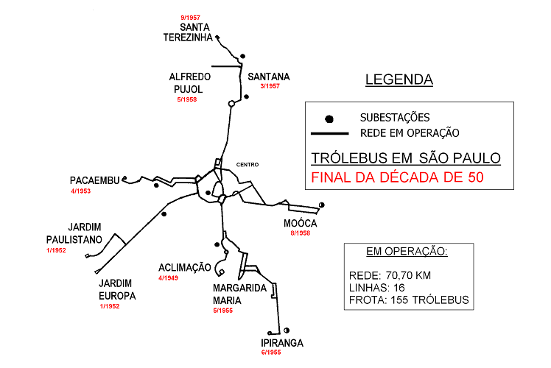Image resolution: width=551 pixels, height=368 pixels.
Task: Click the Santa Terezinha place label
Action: coord(189,32)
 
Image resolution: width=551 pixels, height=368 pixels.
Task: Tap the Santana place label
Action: coord(269,77)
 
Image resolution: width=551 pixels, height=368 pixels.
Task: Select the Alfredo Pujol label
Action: coord(190,82)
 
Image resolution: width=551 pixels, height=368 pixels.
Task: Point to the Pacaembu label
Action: coord(94,180)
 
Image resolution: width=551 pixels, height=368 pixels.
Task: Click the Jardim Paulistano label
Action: coord(74,233)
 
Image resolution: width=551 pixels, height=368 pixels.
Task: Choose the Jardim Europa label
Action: coord(117,290)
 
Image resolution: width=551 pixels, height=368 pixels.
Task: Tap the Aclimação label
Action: coord(185,267)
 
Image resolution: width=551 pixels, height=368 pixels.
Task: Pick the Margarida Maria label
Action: coord(239,294)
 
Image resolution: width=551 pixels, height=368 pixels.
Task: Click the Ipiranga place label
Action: coord(281,343)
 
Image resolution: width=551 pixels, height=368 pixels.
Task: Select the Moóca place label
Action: coord(300,223)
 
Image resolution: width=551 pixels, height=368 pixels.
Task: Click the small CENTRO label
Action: coord(248,164)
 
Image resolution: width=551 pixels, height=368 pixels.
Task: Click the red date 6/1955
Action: coord(271,353)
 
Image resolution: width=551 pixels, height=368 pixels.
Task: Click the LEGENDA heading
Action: coord(399,79)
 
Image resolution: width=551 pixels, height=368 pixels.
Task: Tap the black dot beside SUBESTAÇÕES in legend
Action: coord(329,118)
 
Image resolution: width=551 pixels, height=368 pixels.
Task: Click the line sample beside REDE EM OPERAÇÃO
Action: coord(329,134)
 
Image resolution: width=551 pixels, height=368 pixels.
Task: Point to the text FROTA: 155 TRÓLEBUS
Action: coord(408,300)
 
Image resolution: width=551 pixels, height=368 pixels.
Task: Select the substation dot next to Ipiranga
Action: coord(287,330)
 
